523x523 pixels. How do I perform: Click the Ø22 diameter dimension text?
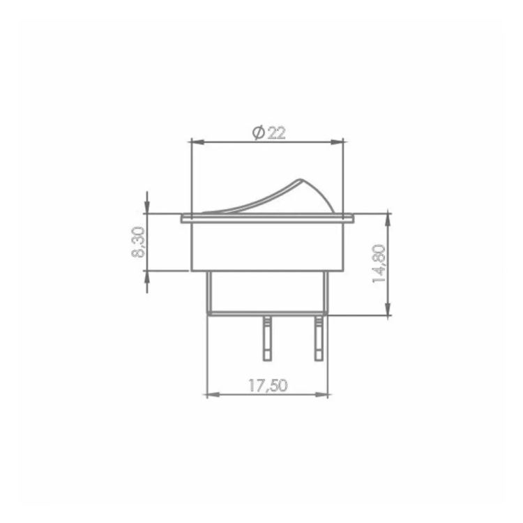[x=269, y=133]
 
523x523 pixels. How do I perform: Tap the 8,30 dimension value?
[x=138, y=242]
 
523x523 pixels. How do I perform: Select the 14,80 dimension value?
[x=379, y=264]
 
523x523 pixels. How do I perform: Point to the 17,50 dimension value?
[x=268, y=386]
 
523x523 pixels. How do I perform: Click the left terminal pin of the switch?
[x=267, y=338]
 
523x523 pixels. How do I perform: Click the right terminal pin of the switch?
[x=319, y=338]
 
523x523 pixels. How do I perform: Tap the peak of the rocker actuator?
[x=300, y=180]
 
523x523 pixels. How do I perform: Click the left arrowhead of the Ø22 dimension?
[x=197, y=142]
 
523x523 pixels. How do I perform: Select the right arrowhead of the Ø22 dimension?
[x=337, y=142]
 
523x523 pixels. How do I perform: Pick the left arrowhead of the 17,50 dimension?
[x=213, y=395]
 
